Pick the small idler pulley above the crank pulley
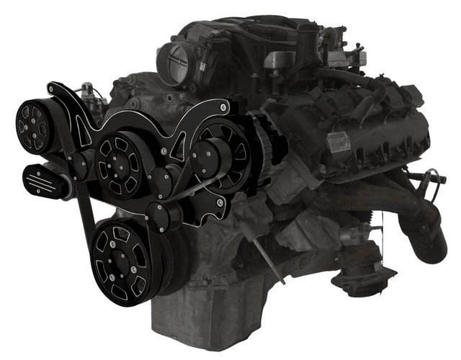tap(161, 213)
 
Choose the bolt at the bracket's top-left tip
tap(53, 87)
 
